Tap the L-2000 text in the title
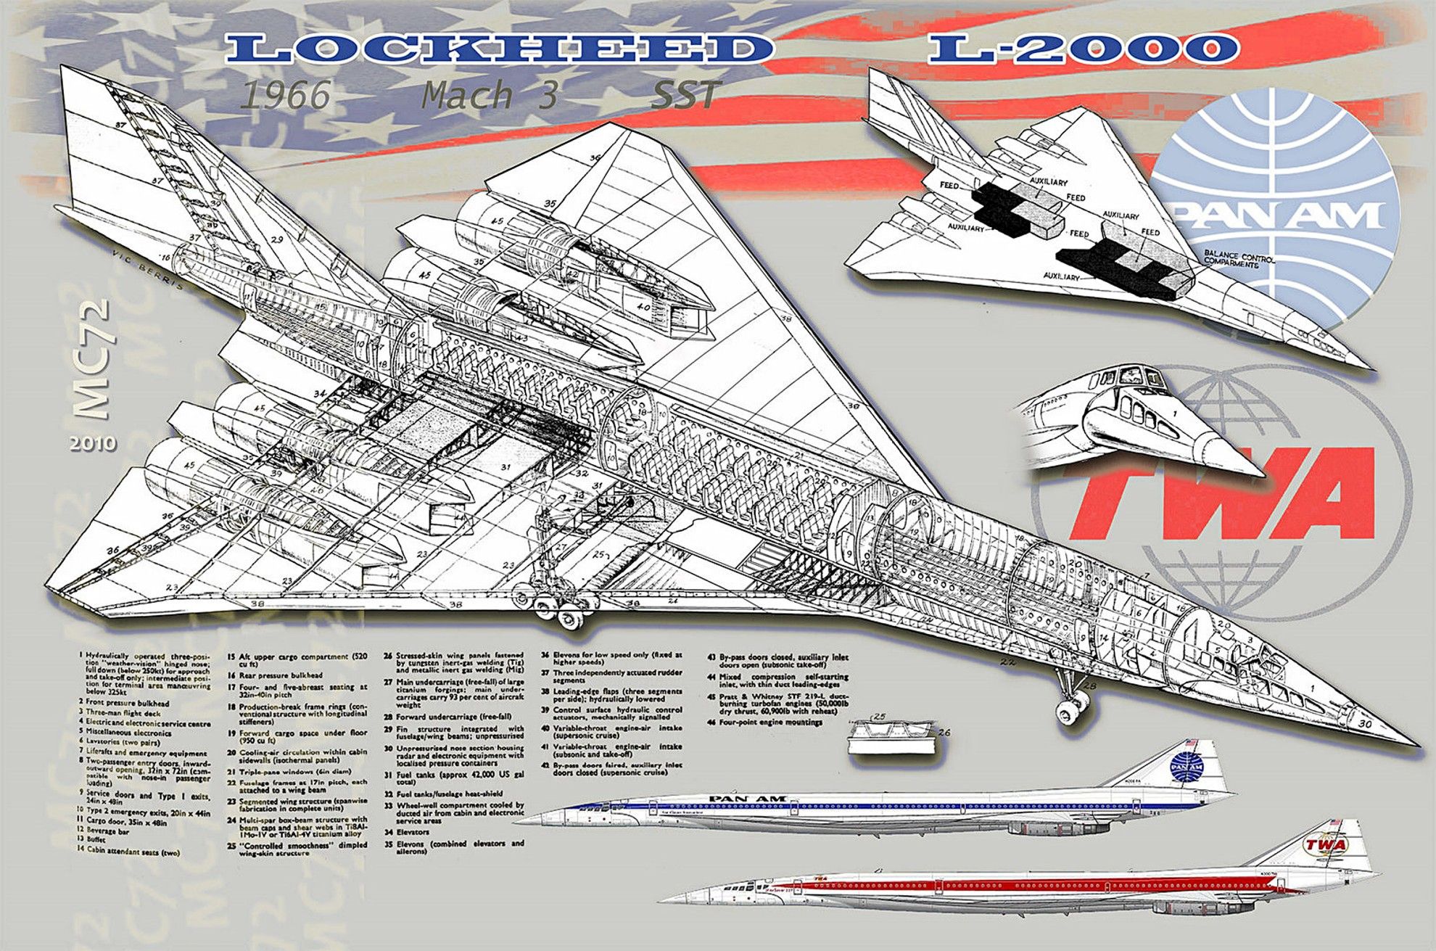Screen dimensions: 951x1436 click(1084, 48)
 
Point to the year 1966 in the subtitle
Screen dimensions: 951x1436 click(285, 95)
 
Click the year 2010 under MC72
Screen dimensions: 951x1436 click(93, 442)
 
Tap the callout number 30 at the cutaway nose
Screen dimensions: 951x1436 click(1364, 723)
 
